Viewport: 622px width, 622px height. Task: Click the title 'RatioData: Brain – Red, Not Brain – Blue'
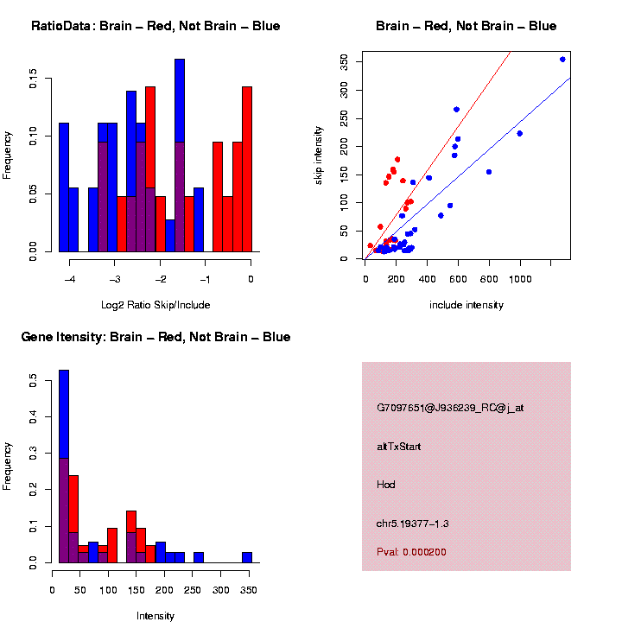coord(155,26)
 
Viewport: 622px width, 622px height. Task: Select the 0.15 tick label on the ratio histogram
coord(34,82)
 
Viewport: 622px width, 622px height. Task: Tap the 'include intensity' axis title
coord(466,304)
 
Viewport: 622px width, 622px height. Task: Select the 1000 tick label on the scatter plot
coord(520,278)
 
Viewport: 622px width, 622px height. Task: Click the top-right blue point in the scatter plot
coord(562,60)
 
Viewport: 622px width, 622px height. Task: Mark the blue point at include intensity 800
coord(489,172)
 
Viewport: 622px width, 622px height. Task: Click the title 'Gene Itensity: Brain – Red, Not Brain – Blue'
coord(155,337)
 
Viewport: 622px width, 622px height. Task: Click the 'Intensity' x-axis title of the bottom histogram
coord(155,616)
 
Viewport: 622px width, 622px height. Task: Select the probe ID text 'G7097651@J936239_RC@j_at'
coord(450,408)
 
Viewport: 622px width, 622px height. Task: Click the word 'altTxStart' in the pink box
coord(399,447)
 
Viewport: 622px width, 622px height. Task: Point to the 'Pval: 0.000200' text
coord(412,552)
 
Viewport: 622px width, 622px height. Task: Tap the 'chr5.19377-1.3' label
coord(413,524)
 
